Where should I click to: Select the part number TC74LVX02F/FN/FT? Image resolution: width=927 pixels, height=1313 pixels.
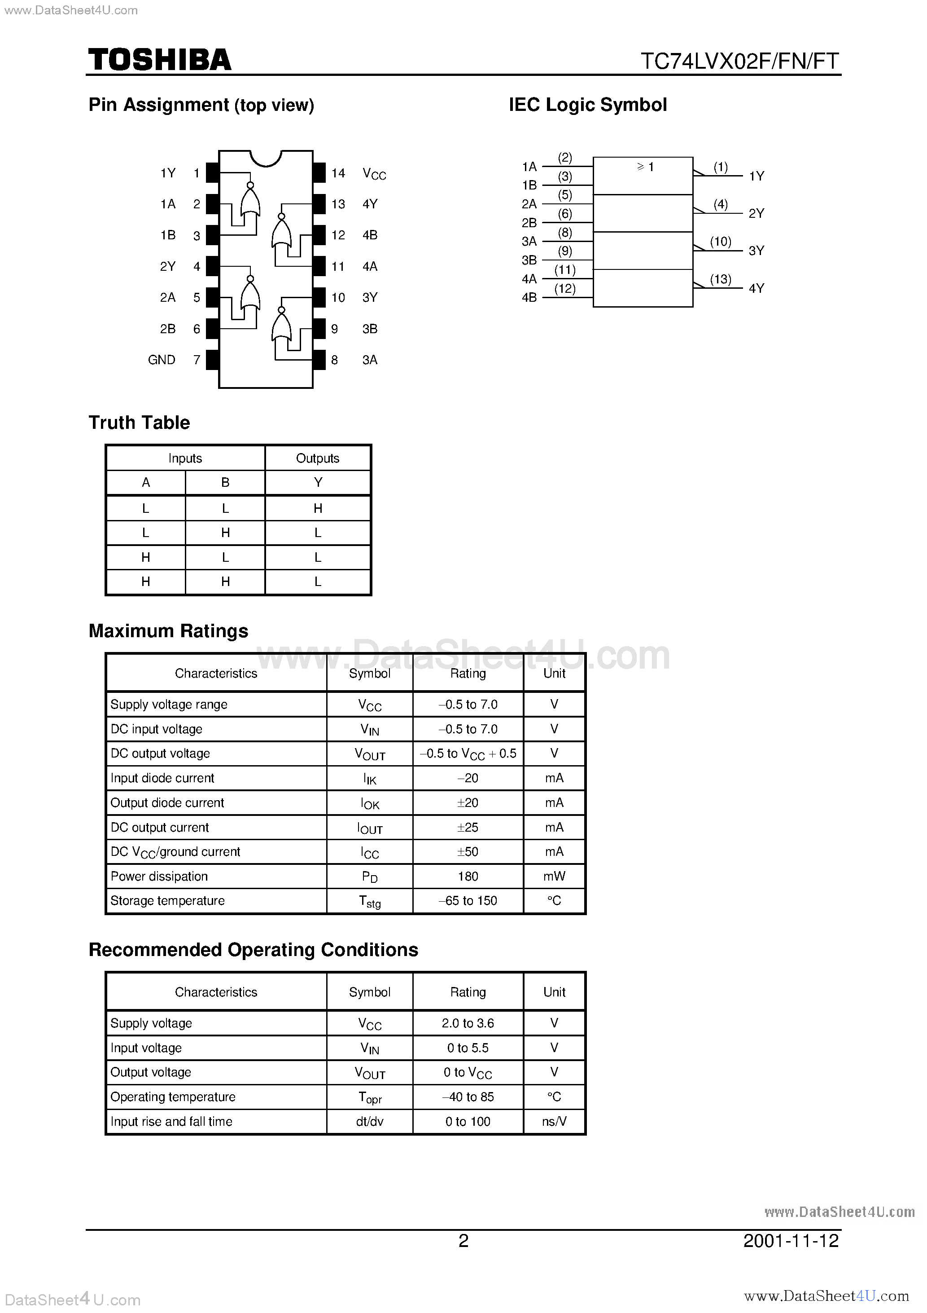point(739,61)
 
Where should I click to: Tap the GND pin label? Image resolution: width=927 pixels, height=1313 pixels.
point(161,360)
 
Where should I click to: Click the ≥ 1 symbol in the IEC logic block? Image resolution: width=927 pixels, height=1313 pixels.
point(645,167)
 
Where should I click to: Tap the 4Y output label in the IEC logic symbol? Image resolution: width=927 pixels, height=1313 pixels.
point(756,288)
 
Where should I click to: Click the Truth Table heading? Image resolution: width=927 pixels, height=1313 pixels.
point(139,423)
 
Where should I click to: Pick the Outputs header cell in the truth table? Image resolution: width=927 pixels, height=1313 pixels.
point(318,458)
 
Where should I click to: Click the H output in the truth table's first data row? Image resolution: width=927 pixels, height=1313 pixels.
point(318,508)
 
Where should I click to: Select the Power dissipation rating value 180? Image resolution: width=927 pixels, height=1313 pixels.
point(468,876)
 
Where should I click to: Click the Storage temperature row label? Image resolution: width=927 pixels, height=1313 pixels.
point(167,901)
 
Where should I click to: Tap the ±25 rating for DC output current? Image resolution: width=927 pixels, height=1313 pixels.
point(468,827)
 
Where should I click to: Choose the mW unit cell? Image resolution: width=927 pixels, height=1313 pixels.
point(554,876)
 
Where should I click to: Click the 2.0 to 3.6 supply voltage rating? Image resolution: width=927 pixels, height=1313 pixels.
point(468,1023)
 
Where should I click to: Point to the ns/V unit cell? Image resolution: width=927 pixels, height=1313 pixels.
point(554,1121)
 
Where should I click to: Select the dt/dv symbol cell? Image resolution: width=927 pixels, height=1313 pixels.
point(369,1121)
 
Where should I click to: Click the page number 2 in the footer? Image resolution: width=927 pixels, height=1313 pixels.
point(463,1240)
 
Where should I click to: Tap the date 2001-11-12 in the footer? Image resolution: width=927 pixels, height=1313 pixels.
point(791,1240)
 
